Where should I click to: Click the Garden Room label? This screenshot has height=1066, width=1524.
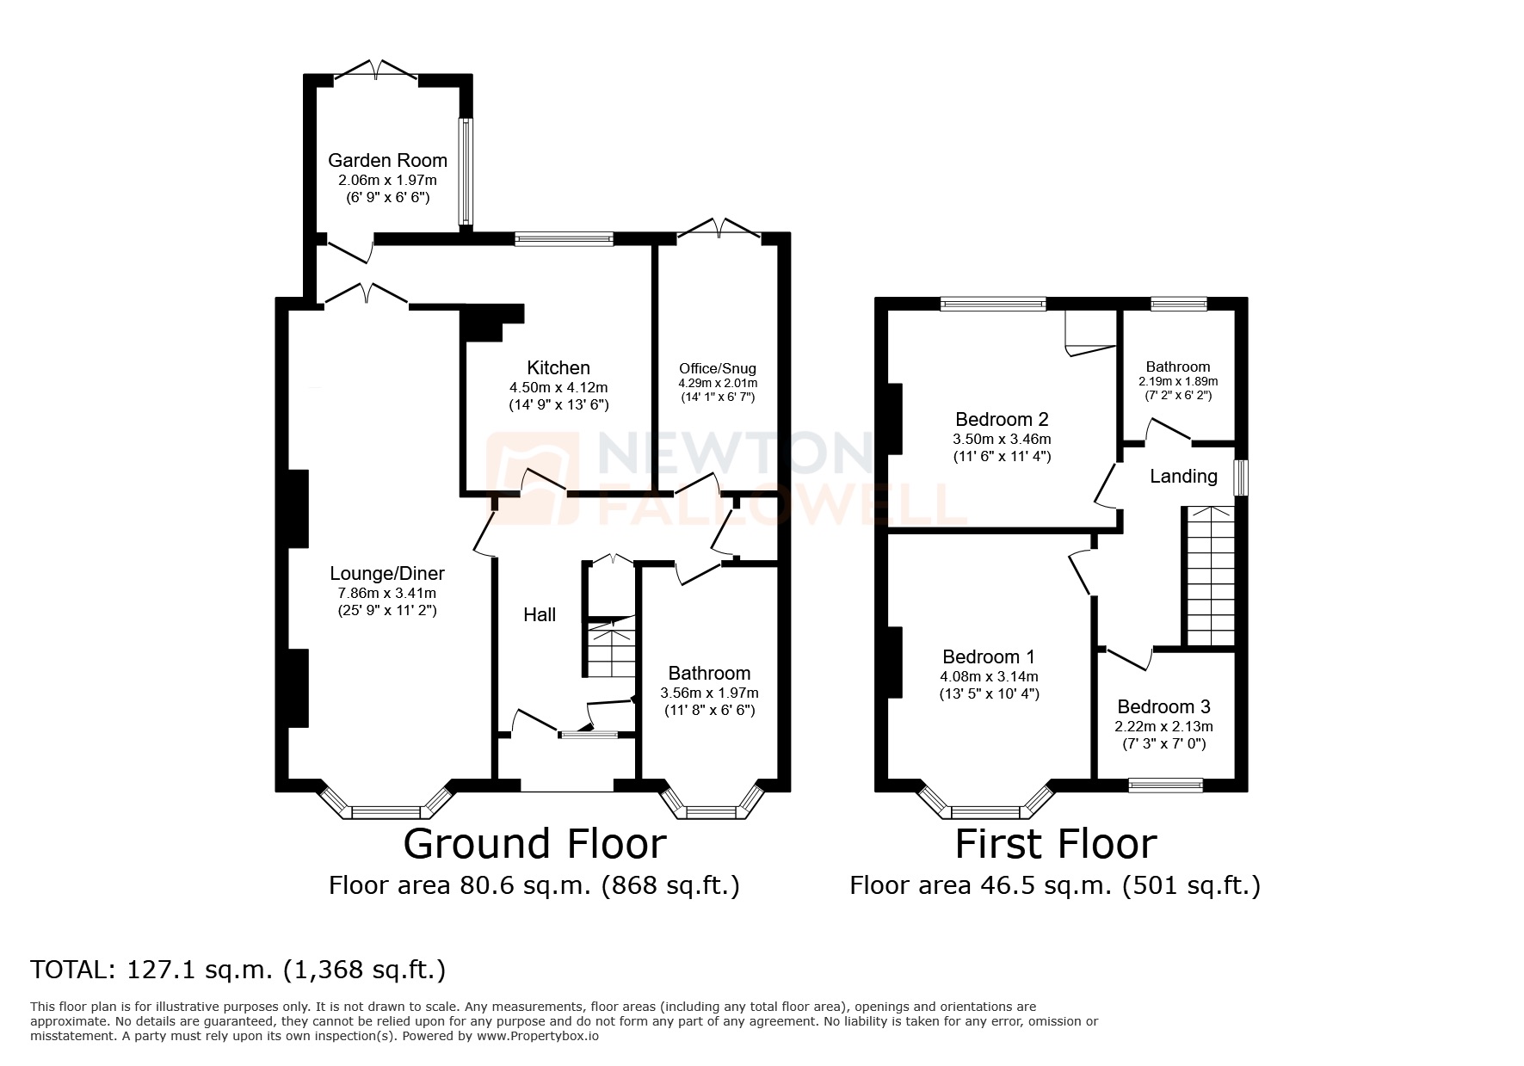pyautogui.click(x=387, y=160)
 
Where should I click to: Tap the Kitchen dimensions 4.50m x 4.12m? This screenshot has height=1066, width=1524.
pyautogui.click(x=558, y=388)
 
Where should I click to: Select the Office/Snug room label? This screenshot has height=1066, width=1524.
pyautogui.click(x=718, y=368)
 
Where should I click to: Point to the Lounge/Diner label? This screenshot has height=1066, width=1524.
pyautogui.click(x=387, y=574)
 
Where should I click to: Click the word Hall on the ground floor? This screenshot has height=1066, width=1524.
pyautogui.click(x=540, y=614)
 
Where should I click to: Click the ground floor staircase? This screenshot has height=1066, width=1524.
pyautogui.click(x=611, y=650)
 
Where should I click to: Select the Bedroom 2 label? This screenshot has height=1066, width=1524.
pyautogui.click(x=1002, y=420)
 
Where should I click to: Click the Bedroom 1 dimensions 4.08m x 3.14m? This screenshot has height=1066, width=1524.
pyautogui.click(x=990, y=676)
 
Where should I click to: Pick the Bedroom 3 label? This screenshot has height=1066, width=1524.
pyautogui.click(x=1163, y=706)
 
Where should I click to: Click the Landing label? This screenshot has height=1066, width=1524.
pyautogui.click(x=1183, y=476)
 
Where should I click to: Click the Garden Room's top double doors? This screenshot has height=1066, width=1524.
pyautogui.click(x=377, y=71)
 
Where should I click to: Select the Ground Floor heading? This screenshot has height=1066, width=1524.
pyautogui.click(x=534, y=844)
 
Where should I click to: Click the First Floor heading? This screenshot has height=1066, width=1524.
pyautogui.click(x=1055, y=844)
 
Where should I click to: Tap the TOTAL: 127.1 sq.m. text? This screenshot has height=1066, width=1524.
pyautogui.click(x=238, y=970)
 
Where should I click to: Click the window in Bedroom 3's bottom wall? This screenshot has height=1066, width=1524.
pyautogui.click(x=1165, y=784)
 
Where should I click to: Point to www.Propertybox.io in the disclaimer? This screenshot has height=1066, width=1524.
pyautogui.click(x=538, y=1036)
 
